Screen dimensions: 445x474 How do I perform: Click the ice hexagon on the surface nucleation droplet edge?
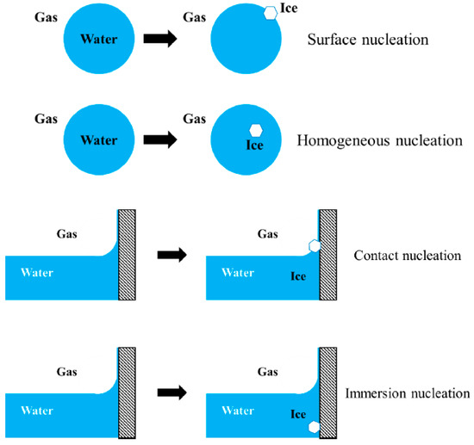click(270, 12)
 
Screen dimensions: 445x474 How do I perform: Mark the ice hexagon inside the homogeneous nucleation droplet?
click(255, 129)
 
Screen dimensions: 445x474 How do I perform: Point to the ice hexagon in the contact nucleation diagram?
click(315, 246)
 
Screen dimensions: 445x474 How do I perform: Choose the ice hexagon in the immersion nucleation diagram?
click(315, 427)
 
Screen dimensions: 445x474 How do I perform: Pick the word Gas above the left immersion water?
click(65, 372)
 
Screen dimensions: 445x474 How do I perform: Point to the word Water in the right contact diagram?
click(238, 272)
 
